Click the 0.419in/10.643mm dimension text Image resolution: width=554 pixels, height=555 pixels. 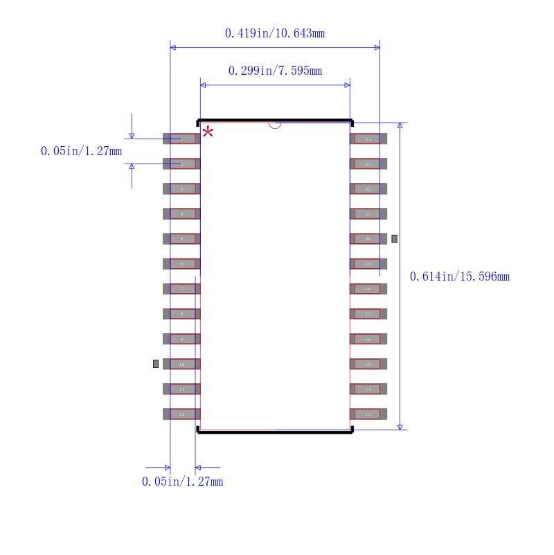point(275,33)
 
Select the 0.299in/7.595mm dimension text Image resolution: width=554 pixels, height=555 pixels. point(275,71)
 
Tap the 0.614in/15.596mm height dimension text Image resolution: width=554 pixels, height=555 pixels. point(460,276)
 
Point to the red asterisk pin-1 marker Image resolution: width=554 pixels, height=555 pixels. point(208,132)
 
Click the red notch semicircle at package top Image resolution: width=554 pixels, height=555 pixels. point(275,125)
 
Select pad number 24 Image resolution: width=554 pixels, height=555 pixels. point(368,139)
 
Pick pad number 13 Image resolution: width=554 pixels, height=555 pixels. point(368,414)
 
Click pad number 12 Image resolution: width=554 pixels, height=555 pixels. point(182,414)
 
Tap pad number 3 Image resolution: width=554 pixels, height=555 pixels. point(182,188)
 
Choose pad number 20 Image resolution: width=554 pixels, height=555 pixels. point(368,238)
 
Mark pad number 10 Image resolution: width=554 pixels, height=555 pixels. point(182,364)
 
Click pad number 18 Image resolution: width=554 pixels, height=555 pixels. point(368,289)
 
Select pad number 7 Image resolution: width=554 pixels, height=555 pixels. point(182,289)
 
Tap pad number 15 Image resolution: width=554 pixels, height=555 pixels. point(368,364)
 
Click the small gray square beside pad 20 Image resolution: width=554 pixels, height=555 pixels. point(394,238)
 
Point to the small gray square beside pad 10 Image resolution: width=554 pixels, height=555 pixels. point(156,364)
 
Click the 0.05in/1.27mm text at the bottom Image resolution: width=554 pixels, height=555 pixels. point(183,482)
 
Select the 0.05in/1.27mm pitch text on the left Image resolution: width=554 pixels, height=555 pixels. point(81,151)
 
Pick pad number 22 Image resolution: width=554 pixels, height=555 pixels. point(368,188)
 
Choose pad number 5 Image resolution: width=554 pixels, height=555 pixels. point(182,238)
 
